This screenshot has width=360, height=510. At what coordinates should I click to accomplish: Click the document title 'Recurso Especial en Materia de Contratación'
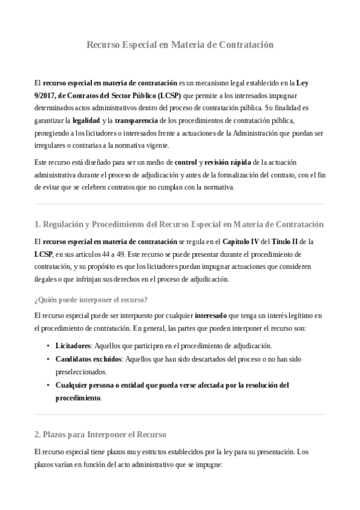(x=180, y=45)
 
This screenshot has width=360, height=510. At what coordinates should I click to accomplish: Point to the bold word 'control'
(x=186, y=162)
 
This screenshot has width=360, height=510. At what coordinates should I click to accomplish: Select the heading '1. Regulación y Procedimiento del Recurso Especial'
(x=179, y=224)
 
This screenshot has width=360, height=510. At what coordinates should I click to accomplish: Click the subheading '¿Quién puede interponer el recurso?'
(x=91, y=300)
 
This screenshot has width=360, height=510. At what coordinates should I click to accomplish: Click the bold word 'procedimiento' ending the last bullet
(x=78, y=398)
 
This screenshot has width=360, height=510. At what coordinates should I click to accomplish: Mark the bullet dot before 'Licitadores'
(x=48, y=346)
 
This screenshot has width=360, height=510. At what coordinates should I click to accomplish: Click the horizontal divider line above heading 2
(x=180, y=414)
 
